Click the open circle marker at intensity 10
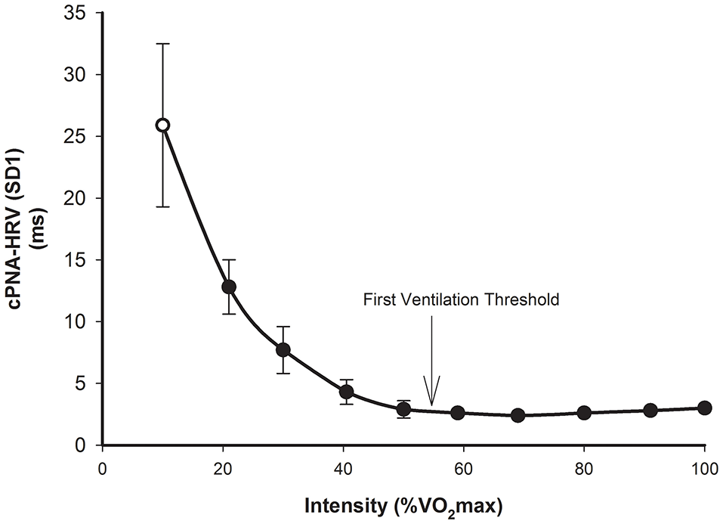[x=162, y=125]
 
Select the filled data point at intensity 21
[x=229, y=287]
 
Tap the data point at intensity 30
[x=283, y=349]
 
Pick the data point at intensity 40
[x=346, y=391]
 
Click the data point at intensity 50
[x=404, y=409]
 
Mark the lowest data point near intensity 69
[x=518, y=415]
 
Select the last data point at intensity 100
[x=704, y=408]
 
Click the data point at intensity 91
[x=650, y=410]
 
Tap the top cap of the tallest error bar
[x=162, y=44]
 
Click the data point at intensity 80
[x=584, y=413]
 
